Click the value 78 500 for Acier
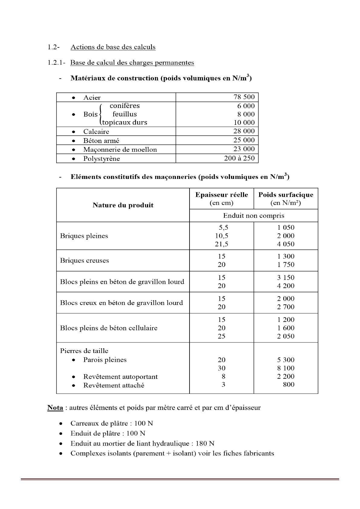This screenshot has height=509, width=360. point(244,97)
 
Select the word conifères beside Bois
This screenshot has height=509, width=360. point(125,106)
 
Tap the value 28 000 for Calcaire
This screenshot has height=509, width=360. point(244,131)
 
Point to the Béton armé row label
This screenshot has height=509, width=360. point(101,141)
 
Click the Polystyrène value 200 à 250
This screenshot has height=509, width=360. point(239,158)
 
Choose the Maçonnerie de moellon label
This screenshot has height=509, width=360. point(120,150)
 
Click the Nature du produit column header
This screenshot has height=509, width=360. point(123,205)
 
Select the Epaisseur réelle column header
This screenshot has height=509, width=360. point(222,195)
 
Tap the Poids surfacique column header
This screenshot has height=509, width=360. point(286,195)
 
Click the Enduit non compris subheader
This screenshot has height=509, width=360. point(254,216)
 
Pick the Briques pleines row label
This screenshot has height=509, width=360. point(84,236)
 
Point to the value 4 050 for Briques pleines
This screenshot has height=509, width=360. point(286,244)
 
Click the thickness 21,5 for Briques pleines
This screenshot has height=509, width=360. point(222,244)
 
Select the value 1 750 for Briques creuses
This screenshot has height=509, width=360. point(286,265)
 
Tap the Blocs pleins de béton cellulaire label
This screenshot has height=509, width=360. point(109,328)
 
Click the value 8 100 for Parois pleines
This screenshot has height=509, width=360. point(286,368)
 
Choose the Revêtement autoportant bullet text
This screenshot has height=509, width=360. point(120,377)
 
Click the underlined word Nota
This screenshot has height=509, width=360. point(55,408)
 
